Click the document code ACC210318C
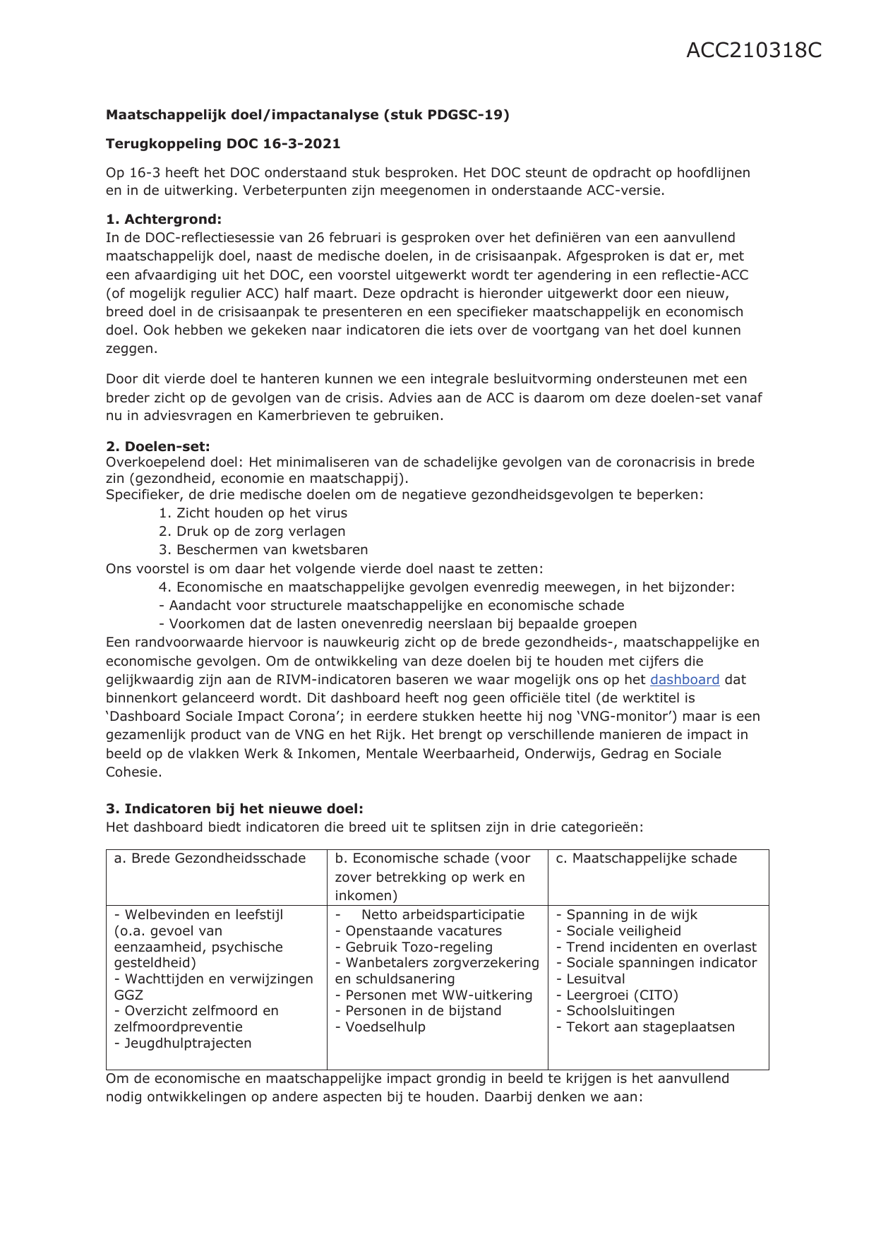pyautogui.click(x=753, y=51)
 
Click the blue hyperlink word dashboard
pyautogui.click(x=684, y=680)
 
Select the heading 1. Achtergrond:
pyautogui.click(x=164, y=220)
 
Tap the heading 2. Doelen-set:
pyautogui.click(x=158, y=446)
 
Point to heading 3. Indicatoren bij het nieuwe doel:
pyautogui.click(x=234, y=809)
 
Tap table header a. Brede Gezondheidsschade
pyautogui.click(x=210, y=858)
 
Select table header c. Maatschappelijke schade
pyautogui.click(x=646, y=858)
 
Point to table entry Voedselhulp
pyautogui.click(x=385, y=1027)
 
